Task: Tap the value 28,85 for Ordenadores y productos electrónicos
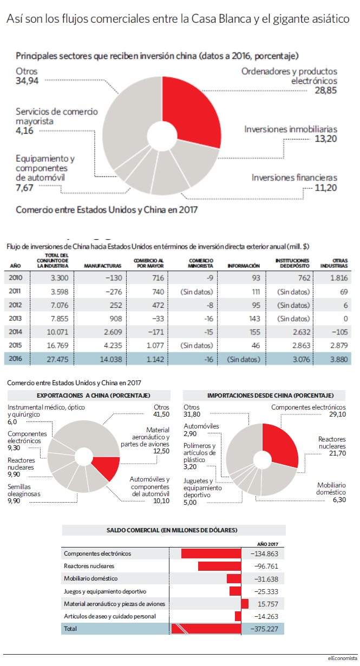click(326, 90)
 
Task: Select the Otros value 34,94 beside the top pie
click(27, 81)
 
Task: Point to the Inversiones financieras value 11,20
click(326, 188)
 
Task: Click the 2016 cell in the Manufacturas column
click(110, 359)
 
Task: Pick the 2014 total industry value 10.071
click(57, 332)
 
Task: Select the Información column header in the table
click(244, 266)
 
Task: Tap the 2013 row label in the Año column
click(15, 319)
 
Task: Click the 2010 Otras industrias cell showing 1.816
click(339, 278)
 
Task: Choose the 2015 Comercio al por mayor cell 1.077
click(155, 346)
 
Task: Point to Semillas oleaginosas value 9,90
click(14, 500)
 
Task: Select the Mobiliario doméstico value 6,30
click(339, 499)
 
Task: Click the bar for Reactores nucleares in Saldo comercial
click(220, 566)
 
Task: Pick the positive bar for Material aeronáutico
click(245, 604)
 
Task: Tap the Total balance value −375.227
click(265, 629)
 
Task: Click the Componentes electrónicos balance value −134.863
click(265, 553)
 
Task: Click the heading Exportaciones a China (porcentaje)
click(94, 395)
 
